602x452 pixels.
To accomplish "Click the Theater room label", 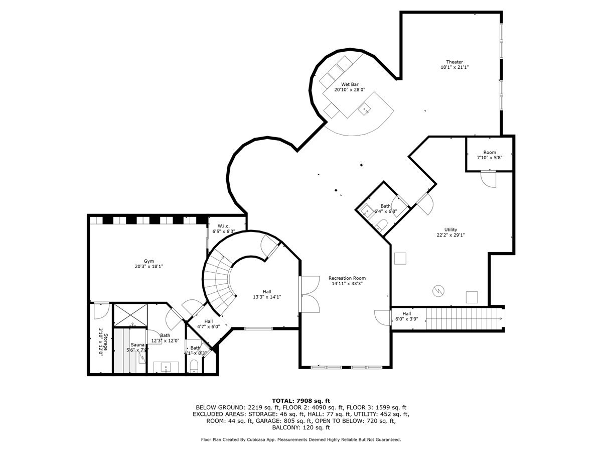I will click(x=455, y=62).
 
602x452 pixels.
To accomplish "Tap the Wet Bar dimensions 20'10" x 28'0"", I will click(x=350, y=90).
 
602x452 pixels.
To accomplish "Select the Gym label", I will click(x=149, y=261).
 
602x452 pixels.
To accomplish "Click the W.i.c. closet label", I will click(x=223, y=226).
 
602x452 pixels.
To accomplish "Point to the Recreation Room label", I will click(x=347, y=278).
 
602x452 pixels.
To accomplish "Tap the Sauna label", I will click(x=137, y=345).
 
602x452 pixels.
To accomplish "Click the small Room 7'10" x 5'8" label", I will click(x=490, y=152).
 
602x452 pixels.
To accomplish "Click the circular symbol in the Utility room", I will click(x=438, y=290).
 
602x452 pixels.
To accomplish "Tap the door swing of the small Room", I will click(x=488, y=178).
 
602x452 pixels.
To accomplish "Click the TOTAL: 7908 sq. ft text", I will click(x=301, y=400).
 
